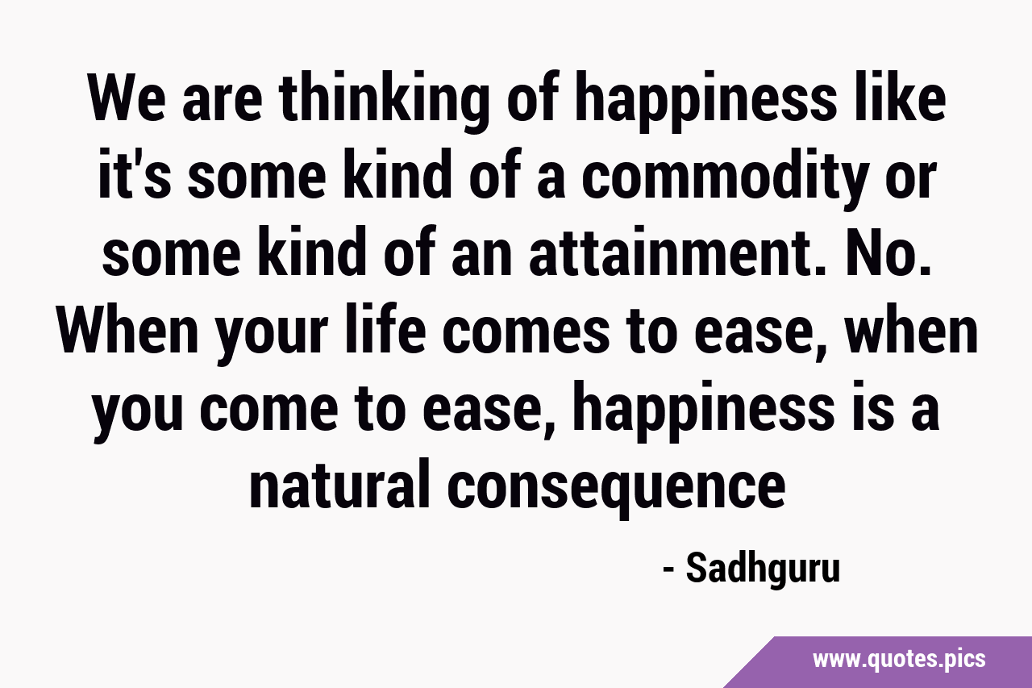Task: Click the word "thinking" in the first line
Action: tap(383, 102)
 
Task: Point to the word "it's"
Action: tap(135, 173)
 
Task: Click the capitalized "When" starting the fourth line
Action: tap(127, 330)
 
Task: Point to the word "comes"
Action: tap(526, 335)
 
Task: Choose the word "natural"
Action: tap(339, 482)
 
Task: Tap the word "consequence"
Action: tap(617, 489)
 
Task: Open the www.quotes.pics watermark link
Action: tap(899, 661)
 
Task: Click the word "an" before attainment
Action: tap(481, 259)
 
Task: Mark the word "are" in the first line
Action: tap(222, 103)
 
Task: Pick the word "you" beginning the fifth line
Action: tap(138, 416)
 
